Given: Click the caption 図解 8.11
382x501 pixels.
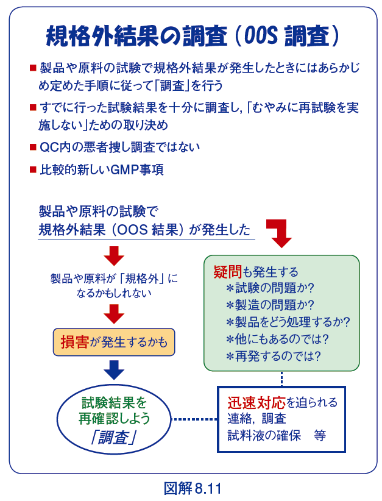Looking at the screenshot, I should click(x=191, y=488).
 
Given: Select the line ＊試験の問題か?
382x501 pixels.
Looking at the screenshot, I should click(x=269, y=288).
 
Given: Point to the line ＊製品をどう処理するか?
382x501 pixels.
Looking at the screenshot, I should click(x=288, y=322).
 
